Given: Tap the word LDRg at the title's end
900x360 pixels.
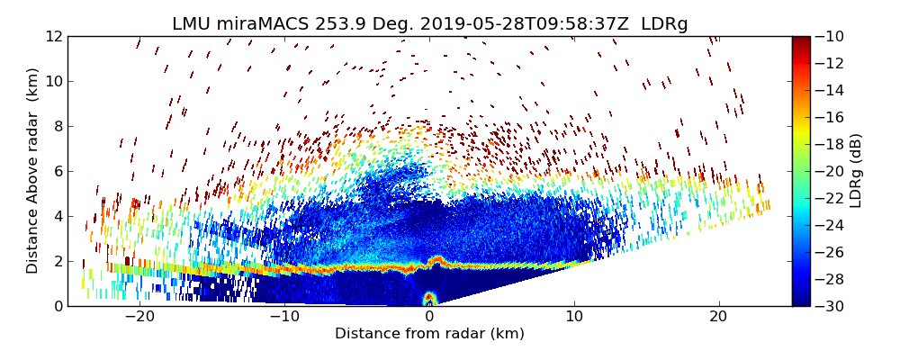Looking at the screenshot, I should click(x=664, y=24).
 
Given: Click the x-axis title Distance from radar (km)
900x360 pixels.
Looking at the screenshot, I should click(x=429, y=334).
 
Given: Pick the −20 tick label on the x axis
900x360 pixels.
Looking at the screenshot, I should click(x=139, y=316).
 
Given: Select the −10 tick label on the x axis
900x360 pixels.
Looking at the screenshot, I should click(x=284, y=316).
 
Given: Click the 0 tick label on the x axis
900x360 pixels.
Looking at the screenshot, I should click(x=429, y=316).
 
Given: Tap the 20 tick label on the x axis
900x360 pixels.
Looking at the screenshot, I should click(x=718, y=316).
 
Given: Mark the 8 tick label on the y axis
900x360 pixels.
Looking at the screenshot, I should click(x=58, y=126).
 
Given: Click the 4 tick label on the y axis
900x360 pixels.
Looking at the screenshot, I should click(x=58, y=216).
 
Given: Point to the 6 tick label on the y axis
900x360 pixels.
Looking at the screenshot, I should click(x=58, y=171).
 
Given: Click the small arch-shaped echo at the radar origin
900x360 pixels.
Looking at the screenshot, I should click(x=429, y=298).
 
